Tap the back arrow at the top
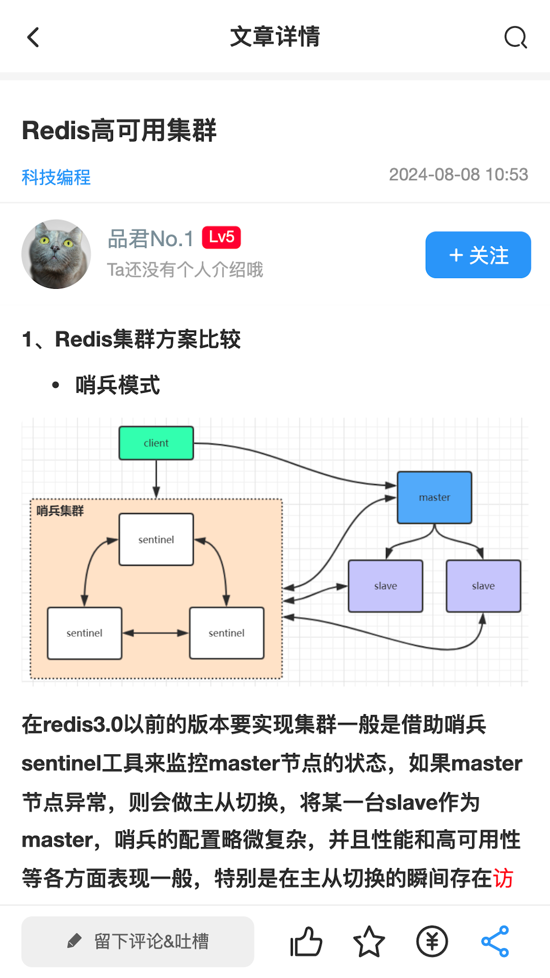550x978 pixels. [34, 37]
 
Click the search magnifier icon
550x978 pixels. [515, 37]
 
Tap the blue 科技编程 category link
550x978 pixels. [56, 177]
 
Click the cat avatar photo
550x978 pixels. [56, 254]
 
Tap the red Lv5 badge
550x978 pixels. [222, 237]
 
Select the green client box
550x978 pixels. [156, 443]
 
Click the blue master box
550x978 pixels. [434, 498]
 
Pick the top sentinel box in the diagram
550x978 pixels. [156, 539]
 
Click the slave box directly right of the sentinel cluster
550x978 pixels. [386, 586]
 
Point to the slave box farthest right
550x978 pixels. [483, 586]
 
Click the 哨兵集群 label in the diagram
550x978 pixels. [60, 511]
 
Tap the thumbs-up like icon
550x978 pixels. [306, 941]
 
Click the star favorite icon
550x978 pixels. [369, 941]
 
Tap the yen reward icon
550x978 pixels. [432, 941]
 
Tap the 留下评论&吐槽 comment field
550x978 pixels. [137, 941]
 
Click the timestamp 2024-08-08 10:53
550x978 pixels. [458, 175]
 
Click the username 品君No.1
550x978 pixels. [151, 238]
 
